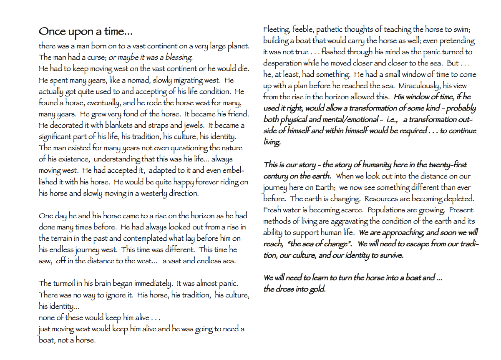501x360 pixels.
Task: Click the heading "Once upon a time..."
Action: (86, 32)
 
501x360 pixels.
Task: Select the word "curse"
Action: (96, 57)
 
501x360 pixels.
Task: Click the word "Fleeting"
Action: (277, 29)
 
